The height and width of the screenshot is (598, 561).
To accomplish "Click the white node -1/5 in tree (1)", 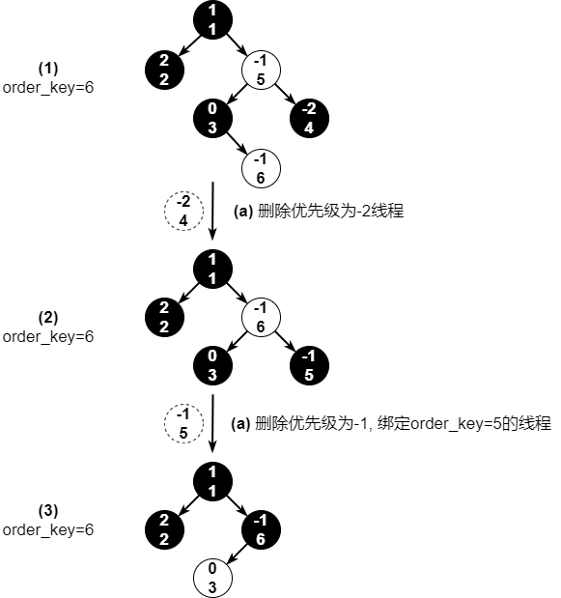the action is pos(261,71).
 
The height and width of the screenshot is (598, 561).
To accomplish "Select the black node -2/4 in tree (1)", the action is pos(309,118).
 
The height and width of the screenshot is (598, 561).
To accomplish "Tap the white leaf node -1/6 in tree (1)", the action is pos(261,168).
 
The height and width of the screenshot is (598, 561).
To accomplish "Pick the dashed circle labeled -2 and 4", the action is pos(183,211).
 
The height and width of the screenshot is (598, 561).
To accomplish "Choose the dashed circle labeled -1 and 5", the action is pos(183,423).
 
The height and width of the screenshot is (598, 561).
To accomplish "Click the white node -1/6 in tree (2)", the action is pos(261,317).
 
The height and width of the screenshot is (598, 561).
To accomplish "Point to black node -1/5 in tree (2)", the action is pos(309,365).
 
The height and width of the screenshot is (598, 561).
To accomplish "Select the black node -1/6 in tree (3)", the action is pos(261,529).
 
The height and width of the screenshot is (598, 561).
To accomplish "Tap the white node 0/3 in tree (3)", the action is pos(212,578).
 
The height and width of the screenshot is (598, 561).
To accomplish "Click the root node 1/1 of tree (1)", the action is pos(212,20).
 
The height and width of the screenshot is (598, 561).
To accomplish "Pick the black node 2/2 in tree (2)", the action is pos(165,317).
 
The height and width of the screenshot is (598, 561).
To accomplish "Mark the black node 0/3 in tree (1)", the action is pos(212,118).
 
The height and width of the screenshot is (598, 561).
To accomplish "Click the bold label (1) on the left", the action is pos(48,69).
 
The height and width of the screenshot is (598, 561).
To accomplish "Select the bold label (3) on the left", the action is pos(48,510).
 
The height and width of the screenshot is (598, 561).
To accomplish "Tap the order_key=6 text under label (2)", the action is pos(48,337).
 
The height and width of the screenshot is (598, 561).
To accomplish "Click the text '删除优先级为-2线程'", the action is pos(331,211).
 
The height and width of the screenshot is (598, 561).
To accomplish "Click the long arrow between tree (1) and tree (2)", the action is pos(212,211).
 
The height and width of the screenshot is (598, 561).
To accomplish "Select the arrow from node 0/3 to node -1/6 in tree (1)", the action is pos(237,143).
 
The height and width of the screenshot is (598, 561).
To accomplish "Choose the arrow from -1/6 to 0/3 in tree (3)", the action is pos(238,554).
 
